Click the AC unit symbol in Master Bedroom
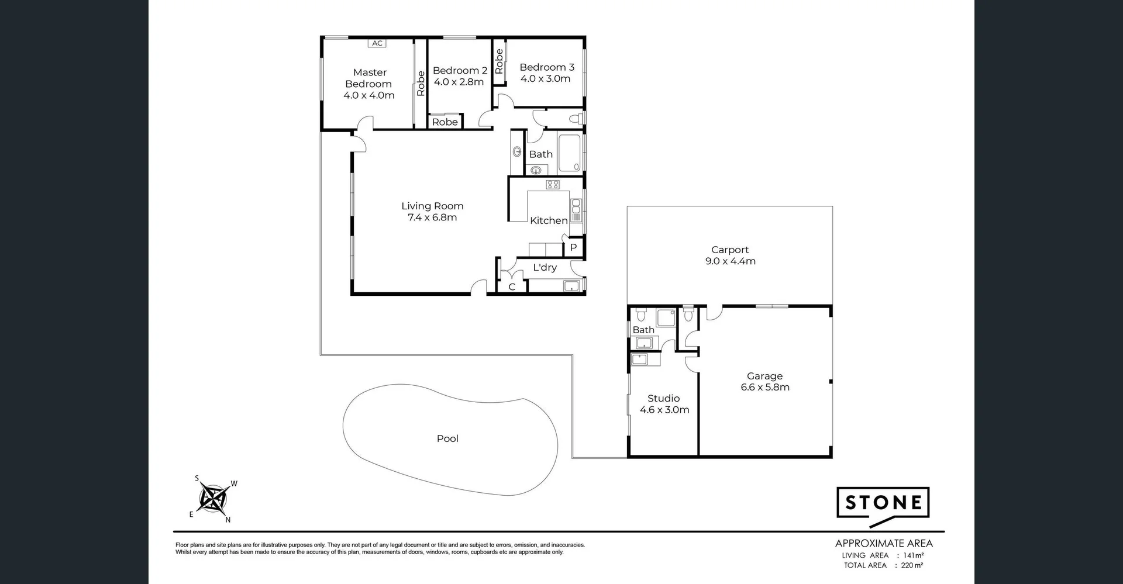tap(377, 43)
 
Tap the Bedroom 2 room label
tap(460, 70)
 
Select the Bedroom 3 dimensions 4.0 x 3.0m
tap(545, 79)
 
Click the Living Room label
tap(432, 206)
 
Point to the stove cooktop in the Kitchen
tap(553, 185)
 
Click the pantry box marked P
tap(574, 247)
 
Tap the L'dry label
tap(545, 267)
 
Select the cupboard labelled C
tap(512, 286)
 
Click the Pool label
tap(447, 438)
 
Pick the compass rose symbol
tap(214, 499)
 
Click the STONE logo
tap(883, 503)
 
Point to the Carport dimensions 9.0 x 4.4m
tap(730, 261)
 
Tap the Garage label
tap(764, 376)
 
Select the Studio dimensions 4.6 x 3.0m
tap(664, 410)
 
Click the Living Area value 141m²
tap(913, 555)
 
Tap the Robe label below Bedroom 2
tap(445, 122)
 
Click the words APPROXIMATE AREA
tap(883, 544)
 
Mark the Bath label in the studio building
tap(643, 330)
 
